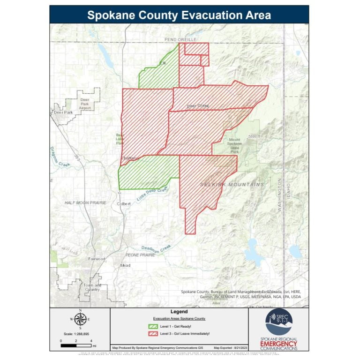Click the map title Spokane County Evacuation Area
point(179,15)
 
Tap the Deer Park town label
point(63,112)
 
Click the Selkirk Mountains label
point(232,184)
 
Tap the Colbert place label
point(124,203)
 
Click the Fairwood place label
point(97,259)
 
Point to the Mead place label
point(125,265)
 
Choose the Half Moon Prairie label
point(85,202)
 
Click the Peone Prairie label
point(140,255)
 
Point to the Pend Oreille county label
point(180,40)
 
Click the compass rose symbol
point(80,320)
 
